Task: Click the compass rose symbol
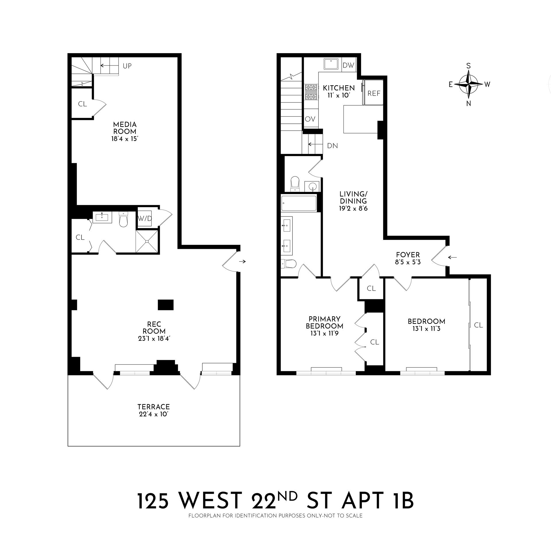[x=468, y=84]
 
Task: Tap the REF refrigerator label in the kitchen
[x=374, y=94]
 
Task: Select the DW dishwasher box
[x=349, y=65]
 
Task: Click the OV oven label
[x=310, y=119]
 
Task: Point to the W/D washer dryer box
[x=145, y=218]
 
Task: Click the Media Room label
[x=125, y=128]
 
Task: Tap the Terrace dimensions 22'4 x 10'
[x=154, y=414]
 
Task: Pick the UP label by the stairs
[x=127, y=66]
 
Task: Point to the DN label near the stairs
[x=332, y=146]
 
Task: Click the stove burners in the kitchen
[x=311, y=92]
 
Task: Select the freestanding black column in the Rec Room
[x=166, y=305]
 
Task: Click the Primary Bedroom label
[x=324, y=323]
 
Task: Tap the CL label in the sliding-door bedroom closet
[x=478, y=325]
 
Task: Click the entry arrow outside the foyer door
[x=453, y=257]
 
